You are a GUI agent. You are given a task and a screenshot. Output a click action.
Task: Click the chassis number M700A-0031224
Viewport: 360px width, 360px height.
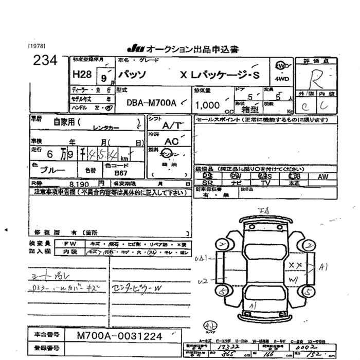pos(120,336)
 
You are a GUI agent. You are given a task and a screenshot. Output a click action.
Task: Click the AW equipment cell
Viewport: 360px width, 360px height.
pos(322,176)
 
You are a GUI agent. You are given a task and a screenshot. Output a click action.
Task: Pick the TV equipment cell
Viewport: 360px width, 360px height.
pos(266,183)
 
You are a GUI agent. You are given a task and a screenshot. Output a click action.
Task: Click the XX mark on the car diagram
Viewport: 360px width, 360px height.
pos(295,264)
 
